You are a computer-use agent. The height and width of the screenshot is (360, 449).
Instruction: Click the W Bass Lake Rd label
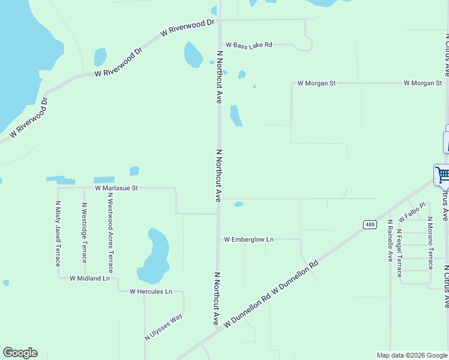[x=249, y=45]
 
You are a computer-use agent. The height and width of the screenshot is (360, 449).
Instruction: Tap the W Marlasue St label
[x=116, y=188]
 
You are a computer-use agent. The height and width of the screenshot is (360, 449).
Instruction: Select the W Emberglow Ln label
[x=249, y=239]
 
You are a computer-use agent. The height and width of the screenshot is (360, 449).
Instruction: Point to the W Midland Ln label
[x=90, y=278]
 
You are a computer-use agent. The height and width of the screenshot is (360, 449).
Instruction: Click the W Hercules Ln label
[x=151, y=292]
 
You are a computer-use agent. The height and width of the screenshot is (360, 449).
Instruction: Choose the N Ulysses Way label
[x=163, y=328]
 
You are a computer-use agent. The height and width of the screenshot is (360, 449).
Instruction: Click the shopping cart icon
[x=442, y=175]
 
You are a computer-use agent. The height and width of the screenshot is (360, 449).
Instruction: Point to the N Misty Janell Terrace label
[x=58, y=235]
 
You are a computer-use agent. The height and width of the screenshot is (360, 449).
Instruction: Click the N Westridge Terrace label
[x=84, y=233]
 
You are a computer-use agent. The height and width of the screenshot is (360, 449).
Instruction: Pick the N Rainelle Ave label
[x=390, y=241]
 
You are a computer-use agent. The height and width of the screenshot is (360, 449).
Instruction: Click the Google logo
[x=20, y=353]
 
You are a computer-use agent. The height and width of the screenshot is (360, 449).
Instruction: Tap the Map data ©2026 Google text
[x=412, y=355]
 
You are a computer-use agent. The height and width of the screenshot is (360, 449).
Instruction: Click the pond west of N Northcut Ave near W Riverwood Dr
[x=193, y=55]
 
